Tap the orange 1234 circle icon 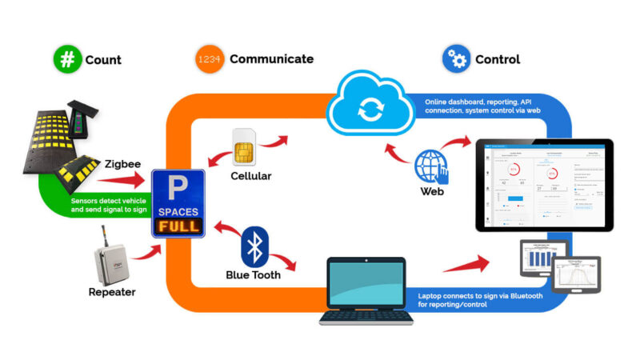[209, 58]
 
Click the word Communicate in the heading [271, 58]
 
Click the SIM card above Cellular [246, 147]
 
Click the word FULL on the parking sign [178, 226]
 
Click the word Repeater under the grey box [112, 292]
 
